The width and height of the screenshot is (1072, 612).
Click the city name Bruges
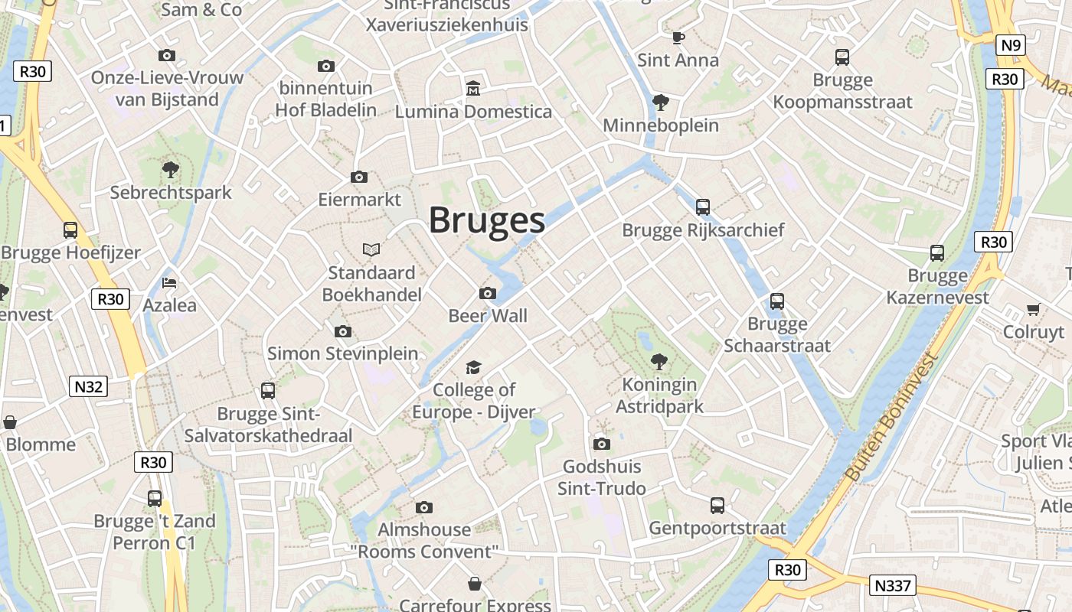(x=486, y=220)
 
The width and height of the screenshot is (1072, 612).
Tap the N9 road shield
(x=1011, y=46)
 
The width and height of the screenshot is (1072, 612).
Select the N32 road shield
(x=88, y=386)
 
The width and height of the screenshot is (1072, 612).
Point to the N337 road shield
(x=893, y=586)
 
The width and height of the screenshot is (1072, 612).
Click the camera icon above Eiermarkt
(x=358, y=177)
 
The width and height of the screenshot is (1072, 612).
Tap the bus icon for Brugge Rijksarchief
(x=703, y=207)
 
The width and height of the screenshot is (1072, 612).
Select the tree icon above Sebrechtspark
(x=170, y=169)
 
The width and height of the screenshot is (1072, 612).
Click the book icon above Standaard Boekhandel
(x=371, y=249)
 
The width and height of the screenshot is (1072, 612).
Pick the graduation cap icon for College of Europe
(x=474, y=368)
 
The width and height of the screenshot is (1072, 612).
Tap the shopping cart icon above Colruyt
(x=1033, y=309)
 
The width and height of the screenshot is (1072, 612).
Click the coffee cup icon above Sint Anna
(x=678, y=37)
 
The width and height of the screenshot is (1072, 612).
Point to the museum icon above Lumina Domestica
(x=473, y=89)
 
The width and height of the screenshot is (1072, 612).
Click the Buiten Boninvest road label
(x=891, y=418)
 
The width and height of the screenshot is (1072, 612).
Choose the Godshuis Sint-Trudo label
(x=602, y=477)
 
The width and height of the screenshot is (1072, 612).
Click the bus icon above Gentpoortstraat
(x=717, y=505)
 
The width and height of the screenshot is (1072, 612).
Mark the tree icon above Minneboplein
(x=660, y=102)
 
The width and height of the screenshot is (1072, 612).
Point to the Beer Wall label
(x=488, y=315)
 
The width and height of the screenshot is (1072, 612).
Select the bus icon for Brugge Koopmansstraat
(x=842, y=57)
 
